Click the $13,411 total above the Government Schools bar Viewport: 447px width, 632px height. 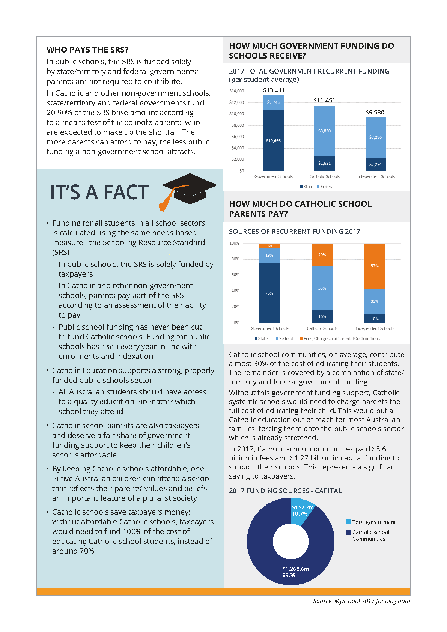(x=274, y=90)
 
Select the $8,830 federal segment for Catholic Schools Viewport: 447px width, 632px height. (x=324, y=131)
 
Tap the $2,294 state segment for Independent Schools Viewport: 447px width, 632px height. (x=375, y=164)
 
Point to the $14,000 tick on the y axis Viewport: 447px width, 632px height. (x=236, y=91)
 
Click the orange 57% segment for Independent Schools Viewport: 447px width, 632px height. (x=375, y=266)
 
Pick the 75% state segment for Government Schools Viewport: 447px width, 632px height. (x=269, y=293)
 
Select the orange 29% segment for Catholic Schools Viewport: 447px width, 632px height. (x=322, y=255)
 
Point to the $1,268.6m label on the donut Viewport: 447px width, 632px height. (x=295, y=569)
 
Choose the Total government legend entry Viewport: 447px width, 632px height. (x=373, y=522)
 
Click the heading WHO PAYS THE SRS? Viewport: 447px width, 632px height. (x=87, y=50)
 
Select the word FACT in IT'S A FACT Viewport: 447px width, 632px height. (x=126, y=192)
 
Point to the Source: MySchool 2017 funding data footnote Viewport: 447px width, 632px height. (x=361, y=601)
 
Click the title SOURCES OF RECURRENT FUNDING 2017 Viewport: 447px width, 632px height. (x=295, y=232)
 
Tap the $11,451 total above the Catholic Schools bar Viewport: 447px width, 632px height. (x=324, y=100)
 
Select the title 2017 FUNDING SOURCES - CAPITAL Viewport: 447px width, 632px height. (x=285, y=491)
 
